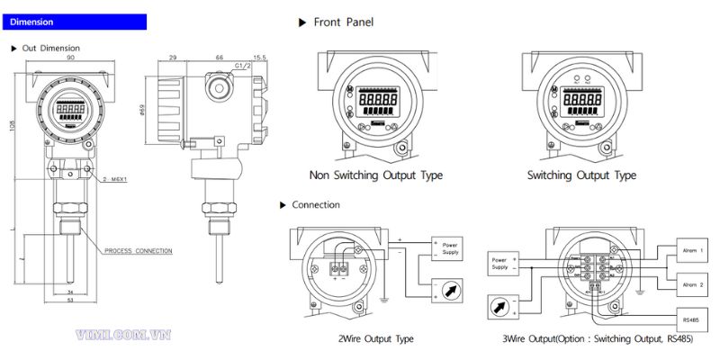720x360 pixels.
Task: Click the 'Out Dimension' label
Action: click(50, 48)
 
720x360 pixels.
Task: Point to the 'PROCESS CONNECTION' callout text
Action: click(138, 250)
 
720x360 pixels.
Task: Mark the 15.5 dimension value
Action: click(260, 58)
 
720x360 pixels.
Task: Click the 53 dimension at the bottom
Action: click(70, 301)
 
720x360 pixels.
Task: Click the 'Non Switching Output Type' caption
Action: click(376, 175)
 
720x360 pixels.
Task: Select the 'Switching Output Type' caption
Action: click(581, 175)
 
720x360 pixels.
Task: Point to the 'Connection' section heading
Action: click(315, 205)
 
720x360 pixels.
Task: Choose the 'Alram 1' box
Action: click(689, 251)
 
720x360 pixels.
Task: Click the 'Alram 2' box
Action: click(689, 285)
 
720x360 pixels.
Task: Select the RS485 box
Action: click(689, 319)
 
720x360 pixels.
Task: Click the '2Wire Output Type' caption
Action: click(375, 339)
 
